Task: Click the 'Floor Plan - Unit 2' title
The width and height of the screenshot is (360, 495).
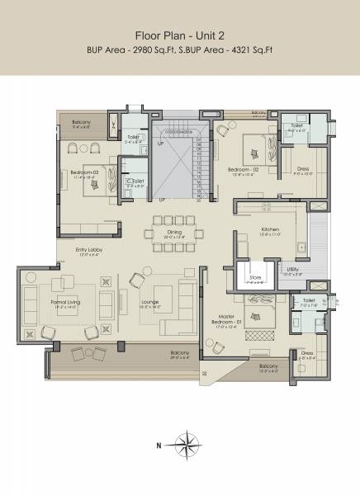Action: (x=180, y=35)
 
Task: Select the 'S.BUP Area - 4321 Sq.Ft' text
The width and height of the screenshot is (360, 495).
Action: (x=226, y=50)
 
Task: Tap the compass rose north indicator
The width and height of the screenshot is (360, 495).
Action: (x=190, y=443)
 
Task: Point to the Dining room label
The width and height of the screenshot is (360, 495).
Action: (x=174, y=233)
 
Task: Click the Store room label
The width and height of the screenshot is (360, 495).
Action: (x=255, y=278)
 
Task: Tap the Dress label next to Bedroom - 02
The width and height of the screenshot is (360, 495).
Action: (x=304, y=171)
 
